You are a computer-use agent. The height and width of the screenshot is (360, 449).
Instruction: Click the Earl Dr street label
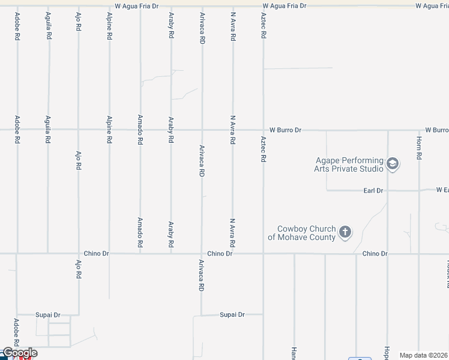pyautogui.click(x=373, y=191)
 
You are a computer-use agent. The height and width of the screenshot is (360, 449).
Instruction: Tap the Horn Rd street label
pyautogui.click(x=419, y=148)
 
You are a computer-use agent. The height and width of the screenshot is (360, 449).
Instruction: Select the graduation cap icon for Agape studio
pyautogui.click(x=393, y=164)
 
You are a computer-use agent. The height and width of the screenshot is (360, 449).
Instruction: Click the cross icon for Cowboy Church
pyautogui.click(x=345, y=232)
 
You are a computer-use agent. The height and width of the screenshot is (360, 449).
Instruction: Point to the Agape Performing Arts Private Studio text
pyautogui.click(x=349, y=164)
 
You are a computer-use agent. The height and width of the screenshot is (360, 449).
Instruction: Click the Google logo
pyautogui.click(x=20, y=353)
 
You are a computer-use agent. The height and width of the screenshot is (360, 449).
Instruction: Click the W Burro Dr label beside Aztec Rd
pyautogui.click(x=285, y=130)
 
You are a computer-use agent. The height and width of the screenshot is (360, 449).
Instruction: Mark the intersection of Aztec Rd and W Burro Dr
pyautogui.click(x=263, y=130)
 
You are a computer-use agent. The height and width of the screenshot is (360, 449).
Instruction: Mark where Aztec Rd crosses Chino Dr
pyautogui.click(x=263, y=254)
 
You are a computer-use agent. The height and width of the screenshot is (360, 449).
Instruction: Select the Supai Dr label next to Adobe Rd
pyautogui.click(x=48, y=314)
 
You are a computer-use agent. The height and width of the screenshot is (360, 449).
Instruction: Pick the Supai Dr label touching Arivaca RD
pyautogui.click(x=232, y=314)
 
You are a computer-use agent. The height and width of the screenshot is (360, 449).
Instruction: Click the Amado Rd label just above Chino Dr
pyautogui.click(x=140, y=233)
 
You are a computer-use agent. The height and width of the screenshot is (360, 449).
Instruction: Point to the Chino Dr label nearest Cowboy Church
pyautogui.click(x=375, y=254)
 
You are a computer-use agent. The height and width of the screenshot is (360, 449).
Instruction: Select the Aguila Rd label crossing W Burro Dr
pyautogui.click(x=48, y=130)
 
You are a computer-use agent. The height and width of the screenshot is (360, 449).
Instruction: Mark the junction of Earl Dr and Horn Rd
pyautogui.click(x=419, y=191)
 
